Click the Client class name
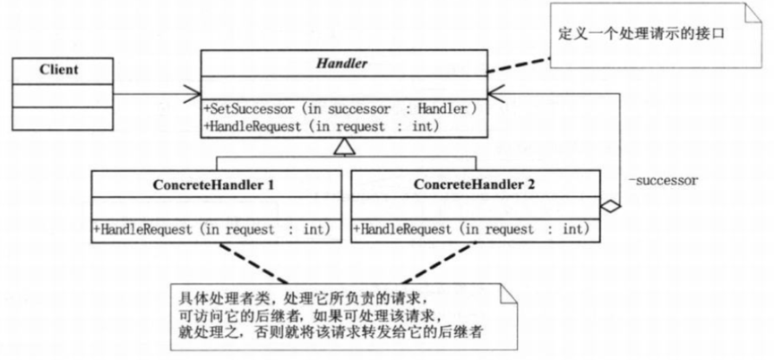click(x=59, y=69)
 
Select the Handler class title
click(x=341, y=63)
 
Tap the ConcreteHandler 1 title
click(x=214, y=185)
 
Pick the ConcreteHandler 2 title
click(x=474, y=184)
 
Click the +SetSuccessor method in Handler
click(x=340, y=109)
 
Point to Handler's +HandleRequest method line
click(x=321, y=126)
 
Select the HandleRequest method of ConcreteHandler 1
click(x=211, y=229)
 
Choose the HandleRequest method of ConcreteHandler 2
click(x=471, y=229)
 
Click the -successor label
click(x=663, y=181)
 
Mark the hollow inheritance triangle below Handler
click(x=344, y=147)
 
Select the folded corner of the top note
click(x=752, y=13)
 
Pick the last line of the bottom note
click(x=330, y=332)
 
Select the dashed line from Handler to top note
click(x=520, y=65)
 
